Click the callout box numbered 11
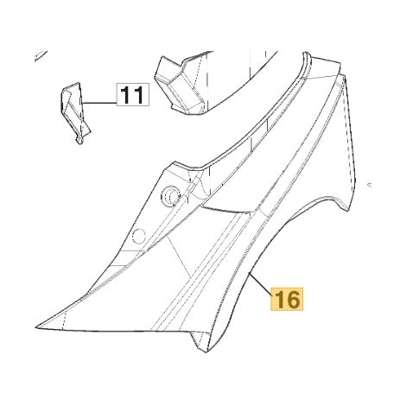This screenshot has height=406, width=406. point(133,94)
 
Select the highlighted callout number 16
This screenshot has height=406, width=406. point(287,299)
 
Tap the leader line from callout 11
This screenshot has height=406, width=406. point(99,103)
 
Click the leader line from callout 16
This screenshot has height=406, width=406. point(261,285)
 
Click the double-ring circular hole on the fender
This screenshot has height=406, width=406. point(170,196)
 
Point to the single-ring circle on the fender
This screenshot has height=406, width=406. point(139,237)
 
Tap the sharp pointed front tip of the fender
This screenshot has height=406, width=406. point(35,327)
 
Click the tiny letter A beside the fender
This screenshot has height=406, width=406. point(370,185)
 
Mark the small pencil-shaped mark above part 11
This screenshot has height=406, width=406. point(41,56)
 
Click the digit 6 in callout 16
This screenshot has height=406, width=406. point(293,300)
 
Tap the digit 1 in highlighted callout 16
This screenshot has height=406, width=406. point(279,300)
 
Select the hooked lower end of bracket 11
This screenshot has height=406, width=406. point(79,141)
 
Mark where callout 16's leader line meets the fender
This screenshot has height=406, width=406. point(249,272)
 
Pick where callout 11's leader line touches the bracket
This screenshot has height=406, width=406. point(82,103)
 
